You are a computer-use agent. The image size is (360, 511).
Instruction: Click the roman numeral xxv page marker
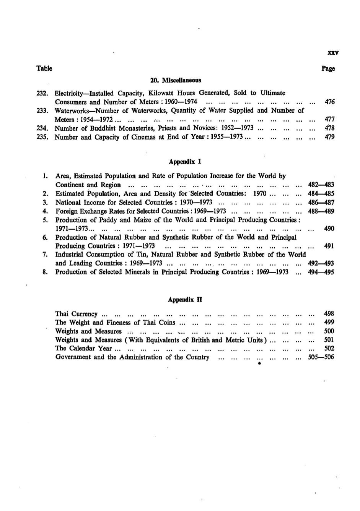(333, 53)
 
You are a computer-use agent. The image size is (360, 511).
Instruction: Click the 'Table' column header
(44, 68)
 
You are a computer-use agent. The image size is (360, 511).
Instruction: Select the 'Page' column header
(328, 68)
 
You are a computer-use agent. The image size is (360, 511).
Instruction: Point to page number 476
(329, 102)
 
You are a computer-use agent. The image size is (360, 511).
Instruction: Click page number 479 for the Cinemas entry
(329, 137)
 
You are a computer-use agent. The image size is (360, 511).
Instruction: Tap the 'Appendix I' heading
(185, 162)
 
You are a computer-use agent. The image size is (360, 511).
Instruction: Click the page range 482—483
(321, 185)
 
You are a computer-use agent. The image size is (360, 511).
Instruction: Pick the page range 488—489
(321, 211)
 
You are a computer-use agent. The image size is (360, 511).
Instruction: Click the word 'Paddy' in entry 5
(109, 220)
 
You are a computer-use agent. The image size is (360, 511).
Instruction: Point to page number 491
(329, 246)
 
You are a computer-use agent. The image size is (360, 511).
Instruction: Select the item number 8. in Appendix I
(45, 272)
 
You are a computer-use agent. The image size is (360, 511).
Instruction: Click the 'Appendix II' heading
(185, 300)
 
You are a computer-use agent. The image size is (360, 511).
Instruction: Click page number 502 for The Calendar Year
(329, 348)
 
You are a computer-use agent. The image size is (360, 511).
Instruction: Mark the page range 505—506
(321, 357)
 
